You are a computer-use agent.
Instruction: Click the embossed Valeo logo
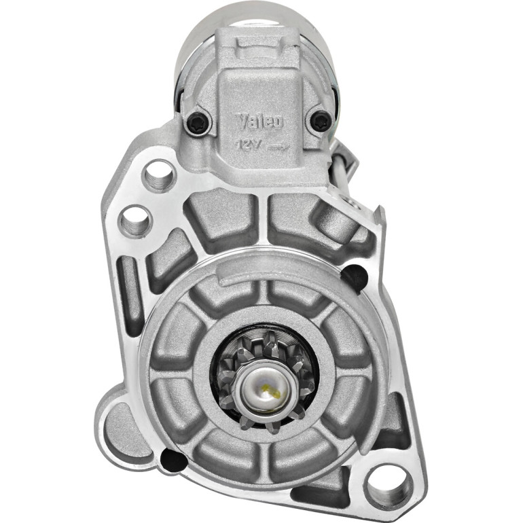click(x=259, y=122)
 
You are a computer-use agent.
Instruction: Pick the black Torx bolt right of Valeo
click(x=321, y=120)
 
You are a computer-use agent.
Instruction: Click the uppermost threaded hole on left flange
click(x=159, y=176)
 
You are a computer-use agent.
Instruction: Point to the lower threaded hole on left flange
click(x=134, y=221)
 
